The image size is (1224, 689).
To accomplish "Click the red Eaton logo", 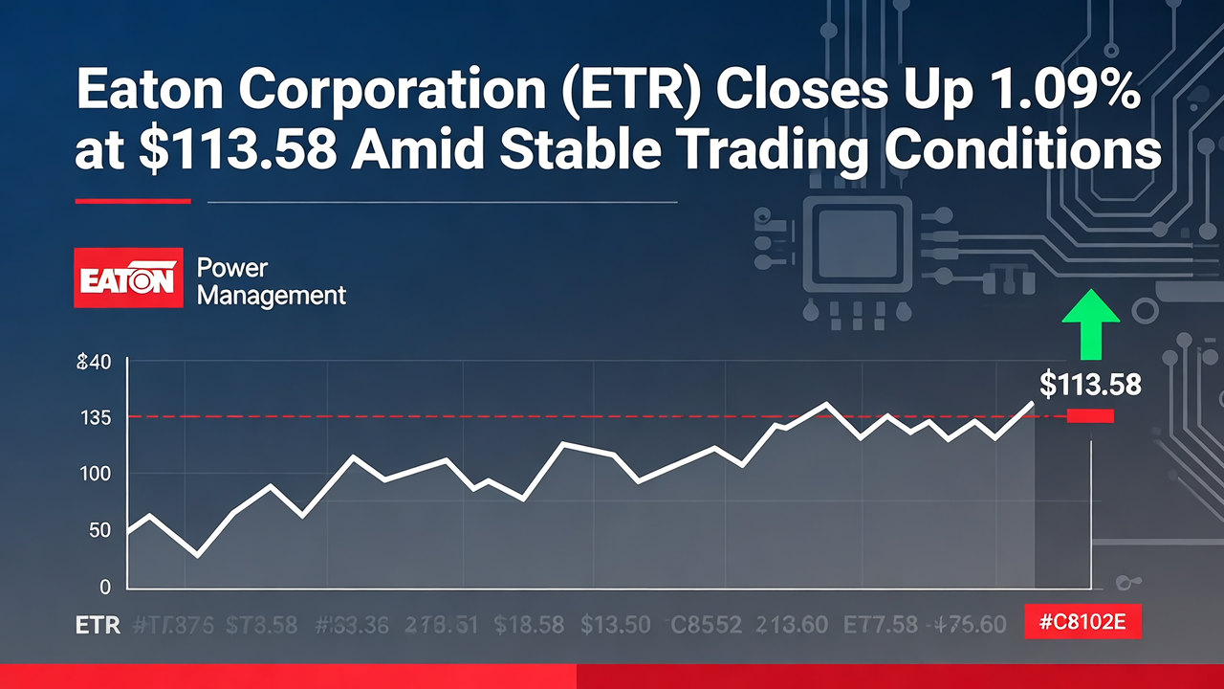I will pyautogui.click(x=128, y=278).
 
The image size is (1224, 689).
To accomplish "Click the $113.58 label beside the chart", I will pyautogui.click(x=1090, y=385).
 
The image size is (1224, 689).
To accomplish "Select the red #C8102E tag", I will pyautogui.click(x=1082, y=624).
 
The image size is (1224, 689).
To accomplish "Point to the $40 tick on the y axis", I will pyautogui.click(x=93, y=363).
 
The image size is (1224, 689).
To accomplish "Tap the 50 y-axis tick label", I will pyautogui.click(x=99, y=531).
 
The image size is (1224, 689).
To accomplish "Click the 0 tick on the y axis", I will pyautogui.click(x=105, y=587).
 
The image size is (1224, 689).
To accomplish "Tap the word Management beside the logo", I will pyautogui.click(x=271, y=296).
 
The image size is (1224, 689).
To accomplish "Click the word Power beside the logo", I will pyautogui.click(x=231, y=268).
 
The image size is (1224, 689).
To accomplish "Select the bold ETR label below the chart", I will pyautogui.click(x=98, y=626).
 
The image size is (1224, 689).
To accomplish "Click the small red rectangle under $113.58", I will pyautogui.click(x=1090, y=415).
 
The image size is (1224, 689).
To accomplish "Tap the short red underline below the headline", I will pyautogui.click(x=133, y=201).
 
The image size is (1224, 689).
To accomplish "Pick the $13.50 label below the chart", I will pyautogui.click(x=617, y=626).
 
